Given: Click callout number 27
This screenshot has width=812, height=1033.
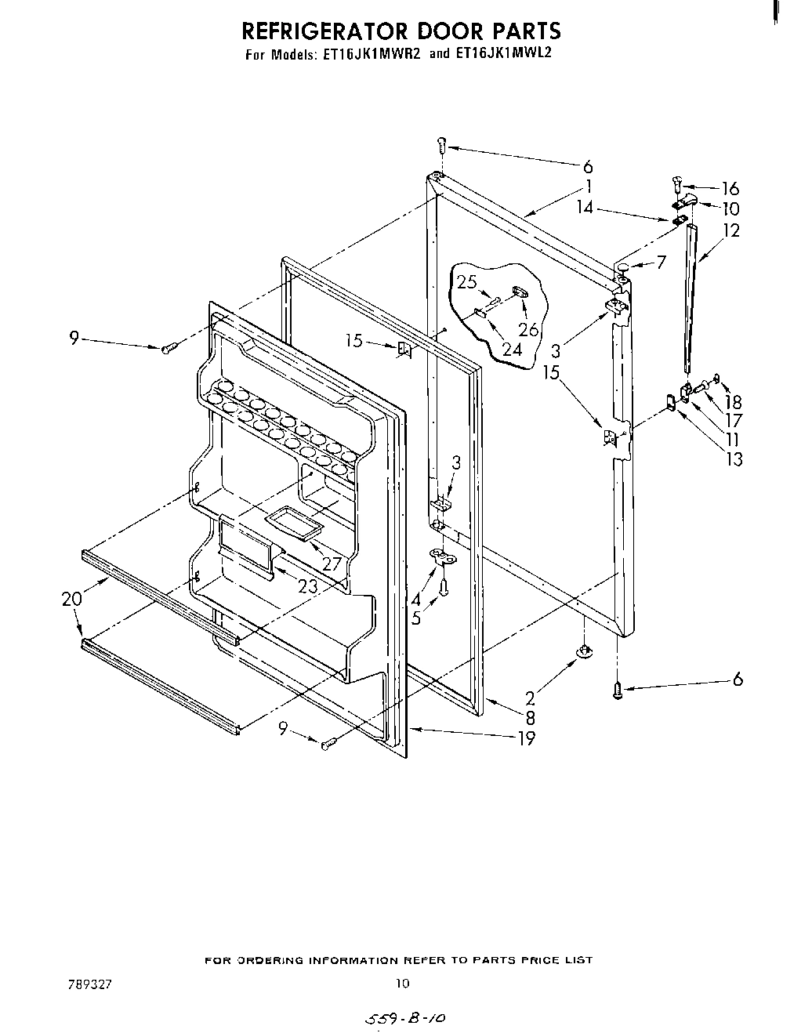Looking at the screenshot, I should (x=332, y=564).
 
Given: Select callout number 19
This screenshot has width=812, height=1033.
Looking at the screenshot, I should (x=526, y=738).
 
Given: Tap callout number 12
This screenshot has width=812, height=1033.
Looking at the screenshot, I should (x=731, y=230).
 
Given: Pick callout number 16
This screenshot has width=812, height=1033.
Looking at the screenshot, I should (x=730, y=188).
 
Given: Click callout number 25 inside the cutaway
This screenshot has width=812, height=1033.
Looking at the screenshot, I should (x=467, y=281).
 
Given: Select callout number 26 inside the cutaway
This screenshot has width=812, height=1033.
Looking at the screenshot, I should (x=529, y=329).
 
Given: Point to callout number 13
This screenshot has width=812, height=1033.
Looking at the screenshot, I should (x=734, y=459).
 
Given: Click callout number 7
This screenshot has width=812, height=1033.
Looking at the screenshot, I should (x=661, y=262).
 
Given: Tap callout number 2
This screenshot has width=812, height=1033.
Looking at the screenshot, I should (x=530, y=696).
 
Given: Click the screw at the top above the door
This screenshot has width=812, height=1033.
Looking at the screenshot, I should (x=441, y=145).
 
